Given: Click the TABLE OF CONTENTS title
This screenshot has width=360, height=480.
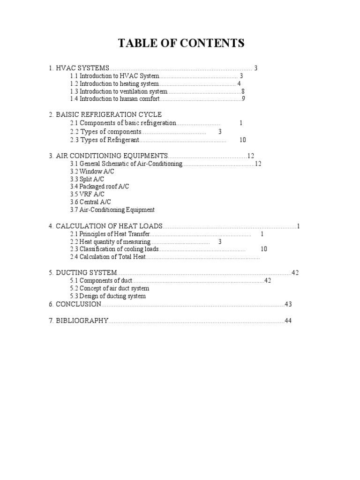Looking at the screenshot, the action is pyautogui.click(x=181, y=44).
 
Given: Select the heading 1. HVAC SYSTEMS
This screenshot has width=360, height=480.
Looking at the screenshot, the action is pyautogui.click(x=79, y=68).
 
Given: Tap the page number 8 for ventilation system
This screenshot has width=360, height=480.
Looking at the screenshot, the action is pyautogui.click(x=243, y=91).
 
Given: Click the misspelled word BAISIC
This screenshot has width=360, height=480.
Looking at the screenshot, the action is pyautogui.click(x=69, y=114).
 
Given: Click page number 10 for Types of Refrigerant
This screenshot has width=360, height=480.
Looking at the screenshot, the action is pyautogui.click(x=242, y=140).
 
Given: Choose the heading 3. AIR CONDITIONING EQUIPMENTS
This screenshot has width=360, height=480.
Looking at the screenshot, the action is pyautogui.click(x=108, y=156).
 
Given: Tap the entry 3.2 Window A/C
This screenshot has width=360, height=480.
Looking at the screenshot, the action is pyautogui.click(x=92, y=172).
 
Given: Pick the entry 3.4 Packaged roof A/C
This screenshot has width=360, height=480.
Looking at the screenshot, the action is pyautogui.click(x=99, y=187).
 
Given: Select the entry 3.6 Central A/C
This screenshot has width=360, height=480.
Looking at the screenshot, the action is pyautogui.click(x=90, y=202).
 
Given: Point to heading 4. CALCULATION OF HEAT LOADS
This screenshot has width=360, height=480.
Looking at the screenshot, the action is pyautogui.click(x=105, y=226).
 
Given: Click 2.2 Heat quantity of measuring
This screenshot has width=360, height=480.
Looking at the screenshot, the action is pyautogui.click(x=110, y=241).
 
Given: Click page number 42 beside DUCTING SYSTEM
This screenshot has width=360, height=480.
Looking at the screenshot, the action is pyautogui.click(x=295, y=273).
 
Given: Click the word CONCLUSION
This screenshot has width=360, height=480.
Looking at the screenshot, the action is pyautogui.click(x=78, y=304).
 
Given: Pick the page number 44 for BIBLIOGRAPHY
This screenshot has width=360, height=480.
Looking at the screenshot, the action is pyautogui.click(x=288, y=321).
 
